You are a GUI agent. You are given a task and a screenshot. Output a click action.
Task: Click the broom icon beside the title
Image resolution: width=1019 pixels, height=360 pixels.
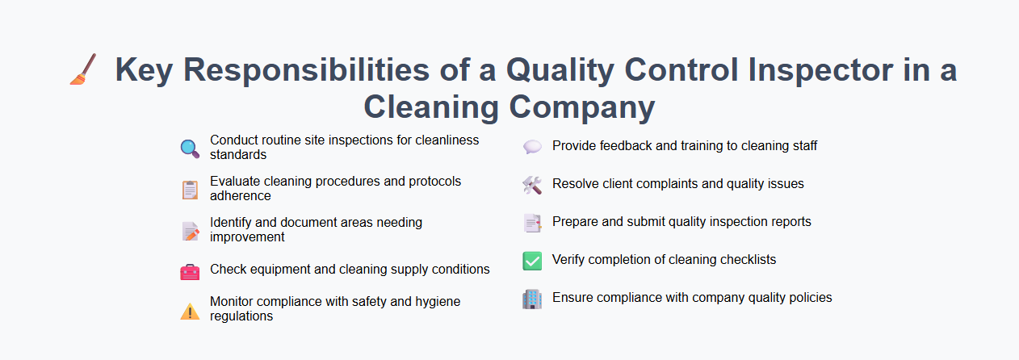(83, 69)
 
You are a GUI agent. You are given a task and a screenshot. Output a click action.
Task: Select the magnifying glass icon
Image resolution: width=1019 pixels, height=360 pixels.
(190, 149)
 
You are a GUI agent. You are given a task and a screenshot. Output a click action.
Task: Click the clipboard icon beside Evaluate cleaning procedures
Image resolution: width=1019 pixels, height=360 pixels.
(190, 190)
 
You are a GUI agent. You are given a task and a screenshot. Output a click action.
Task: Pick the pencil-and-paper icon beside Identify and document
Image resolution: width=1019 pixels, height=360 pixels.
(190, 231)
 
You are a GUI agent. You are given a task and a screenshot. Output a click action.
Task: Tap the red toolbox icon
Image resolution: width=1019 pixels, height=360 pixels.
(190, 271)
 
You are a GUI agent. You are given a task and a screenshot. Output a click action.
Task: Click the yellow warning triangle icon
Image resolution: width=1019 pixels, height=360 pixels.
(190, 311)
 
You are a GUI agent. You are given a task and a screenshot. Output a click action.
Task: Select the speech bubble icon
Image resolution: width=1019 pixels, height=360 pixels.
(532, 147)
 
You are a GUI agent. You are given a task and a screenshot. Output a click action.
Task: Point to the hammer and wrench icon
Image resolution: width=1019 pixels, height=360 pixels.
(532, 185)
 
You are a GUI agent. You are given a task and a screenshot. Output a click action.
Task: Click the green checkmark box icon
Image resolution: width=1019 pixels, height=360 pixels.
(532, 261)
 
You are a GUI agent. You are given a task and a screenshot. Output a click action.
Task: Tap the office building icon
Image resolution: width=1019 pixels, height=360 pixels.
(532, 299)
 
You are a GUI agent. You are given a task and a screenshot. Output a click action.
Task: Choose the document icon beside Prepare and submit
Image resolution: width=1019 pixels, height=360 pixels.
(532, 223)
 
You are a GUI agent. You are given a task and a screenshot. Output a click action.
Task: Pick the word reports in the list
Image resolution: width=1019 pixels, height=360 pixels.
(786, 222)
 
